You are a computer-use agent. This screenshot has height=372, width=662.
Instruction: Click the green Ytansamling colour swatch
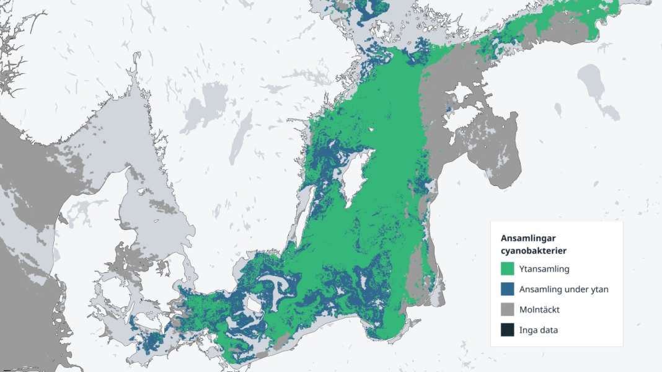508,269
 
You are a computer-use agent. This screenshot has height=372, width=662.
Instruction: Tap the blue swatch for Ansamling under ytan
508,290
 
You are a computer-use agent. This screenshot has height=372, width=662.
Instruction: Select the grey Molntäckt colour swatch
508,309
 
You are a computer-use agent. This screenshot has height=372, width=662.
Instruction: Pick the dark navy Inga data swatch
508,330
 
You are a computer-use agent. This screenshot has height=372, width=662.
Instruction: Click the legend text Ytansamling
545,269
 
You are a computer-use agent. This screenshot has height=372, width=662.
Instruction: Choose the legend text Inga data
539,330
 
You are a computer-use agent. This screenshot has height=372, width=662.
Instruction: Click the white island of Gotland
356,177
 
